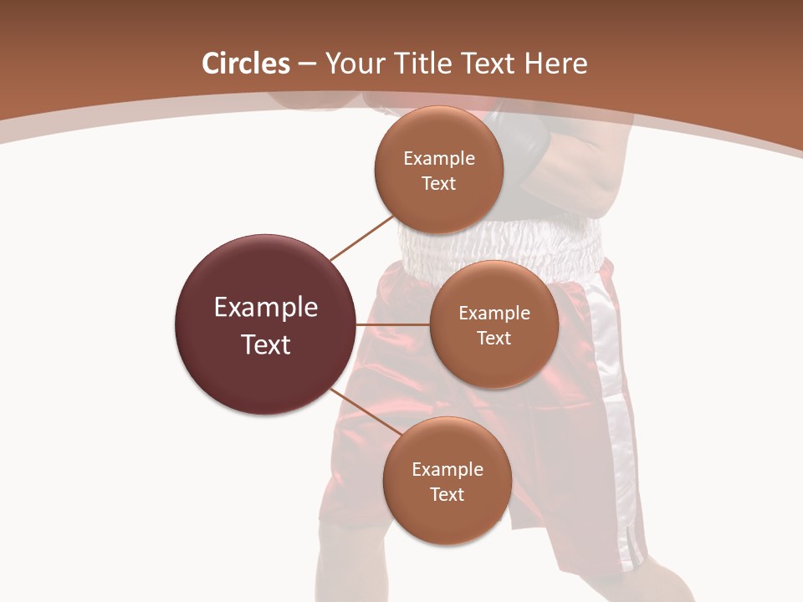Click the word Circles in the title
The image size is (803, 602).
click(x=245, y=64)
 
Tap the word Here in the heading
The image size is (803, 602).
click(x=555, y=64)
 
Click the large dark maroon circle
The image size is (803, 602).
click(x=265, y=324)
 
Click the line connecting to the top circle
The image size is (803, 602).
click(x=361, y=237)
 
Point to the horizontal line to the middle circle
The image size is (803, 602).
click(x=392, y=324)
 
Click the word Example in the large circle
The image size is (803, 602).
click(x=265, y=308)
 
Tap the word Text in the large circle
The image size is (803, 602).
click(x=265, y=344)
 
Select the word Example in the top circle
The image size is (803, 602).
click(x=438, y=159)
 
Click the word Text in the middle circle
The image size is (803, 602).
click(x=494, y=338)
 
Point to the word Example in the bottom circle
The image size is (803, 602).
click(x=447, y=470)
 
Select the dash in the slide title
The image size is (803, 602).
click(x=306, y=64)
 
